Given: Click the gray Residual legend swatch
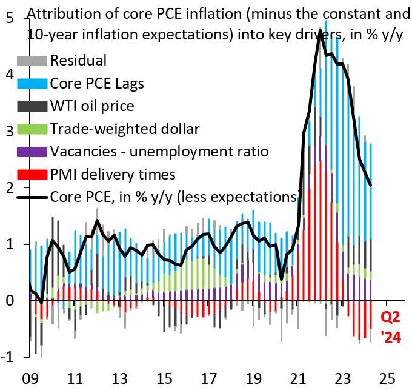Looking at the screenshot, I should pos(32,60).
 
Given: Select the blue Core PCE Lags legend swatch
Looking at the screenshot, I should pos(32,83).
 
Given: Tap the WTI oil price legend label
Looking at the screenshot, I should pos(92,106).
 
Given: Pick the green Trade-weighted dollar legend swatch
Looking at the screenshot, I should pos(32,129).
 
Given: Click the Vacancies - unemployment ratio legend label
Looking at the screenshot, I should pos(159,152).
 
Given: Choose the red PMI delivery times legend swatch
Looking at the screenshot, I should pos(32,175).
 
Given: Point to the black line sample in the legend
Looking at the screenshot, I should pos(32,197).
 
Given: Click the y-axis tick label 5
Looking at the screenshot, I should pos(10,18).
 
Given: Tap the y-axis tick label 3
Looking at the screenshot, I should pos(10,132).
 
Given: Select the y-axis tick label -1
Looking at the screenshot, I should pos(8,358).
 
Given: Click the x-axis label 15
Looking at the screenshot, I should pos(164,377).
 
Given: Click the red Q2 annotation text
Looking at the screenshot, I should pos(391,317).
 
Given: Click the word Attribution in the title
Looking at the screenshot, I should pos(62,13).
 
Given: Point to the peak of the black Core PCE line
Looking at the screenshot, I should pos(319,30).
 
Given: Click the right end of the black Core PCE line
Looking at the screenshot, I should pos(371,186).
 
